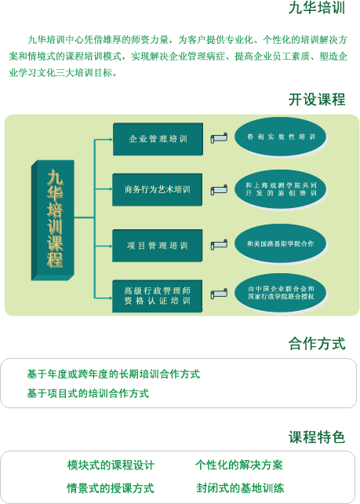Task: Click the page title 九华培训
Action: pos(317,8)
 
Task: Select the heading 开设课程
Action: pos(317,100)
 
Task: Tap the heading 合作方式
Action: pos(317,343)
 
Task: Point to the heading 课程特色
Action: pos(317,437)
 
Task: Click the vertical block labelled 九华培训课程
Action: pos(53,220)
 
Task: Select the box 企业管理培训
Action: pos(158,139)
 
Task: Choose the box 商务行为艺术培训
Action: pos(158,190)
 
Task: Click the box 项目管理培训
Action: pos(158,246)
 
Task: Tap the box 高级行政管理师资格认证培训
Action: pos(158,296)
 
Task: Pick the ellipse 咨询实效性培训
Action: pos(280,137)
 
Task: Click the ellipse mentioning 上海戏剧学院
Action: pos(280,189)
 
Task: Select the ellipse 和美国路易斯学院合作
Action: pos(280,243)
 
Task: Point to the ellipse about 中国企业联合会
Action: pos(280,293)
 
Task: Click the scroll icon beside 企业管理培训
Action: pos(219,138)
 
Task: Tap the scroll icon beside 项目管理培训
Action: pos(219,245)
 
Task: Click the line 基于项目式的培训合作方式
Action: pos(88,393)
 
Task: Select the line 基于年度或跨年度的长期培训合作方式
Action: pos(114,374)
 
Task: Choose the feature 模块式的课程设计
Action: pos(111,465)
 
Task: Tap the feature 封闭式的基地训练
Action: pos(240,488)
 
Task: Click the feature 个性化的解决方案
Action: pos(239,465)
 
